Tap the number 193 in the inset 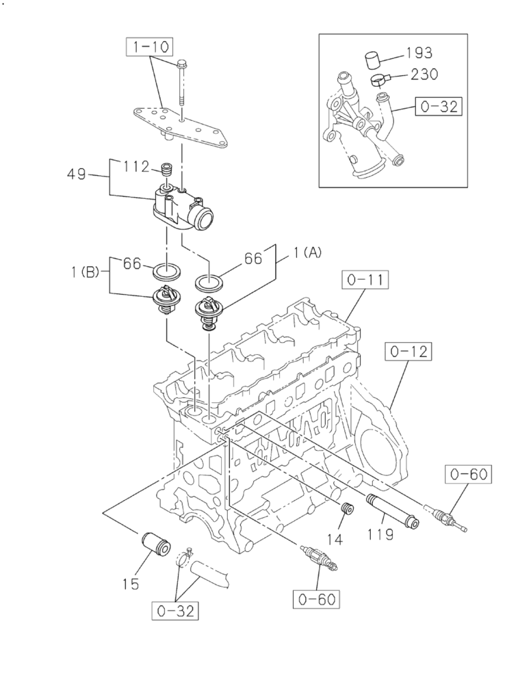pos(419,53)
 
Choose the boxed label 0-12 pos(409,352)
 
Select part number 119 pos(380,534)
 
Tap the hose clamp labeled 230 pos(378,81)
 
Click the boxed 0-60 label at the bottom pos(318,600)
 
